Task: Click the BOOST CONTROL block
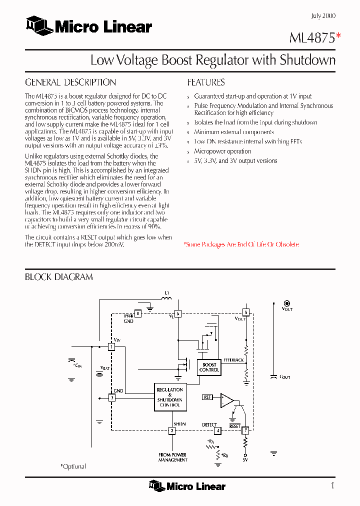click(209, 367)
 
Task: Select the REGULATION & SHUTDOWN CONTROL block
click(169, 397)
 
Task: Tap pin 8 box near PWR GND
click(138, 313)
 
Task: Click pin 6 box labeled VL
click(177, 313)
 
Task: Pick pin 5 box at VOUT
click(245, 312)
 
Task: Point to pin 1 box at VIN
click(111, 346)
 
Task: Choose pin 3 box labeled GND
click(111, 398)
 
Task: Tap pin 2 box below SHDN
click(171, 430)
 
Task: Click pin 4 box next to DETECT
click(217, 430)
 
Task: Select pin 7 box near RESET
click(245, 430)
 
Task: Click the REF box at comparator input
click(207, 397)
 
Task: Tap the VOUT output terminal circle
click(287, 303)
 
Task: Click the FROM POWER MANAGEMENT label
click(172, 457)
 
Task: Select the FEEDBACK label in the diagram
click(233, 360)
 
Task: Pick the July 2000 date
click(323, 16)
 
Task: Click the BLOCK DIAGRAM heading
click(59, 277)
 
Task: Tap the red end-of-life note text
click(241, 244)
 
